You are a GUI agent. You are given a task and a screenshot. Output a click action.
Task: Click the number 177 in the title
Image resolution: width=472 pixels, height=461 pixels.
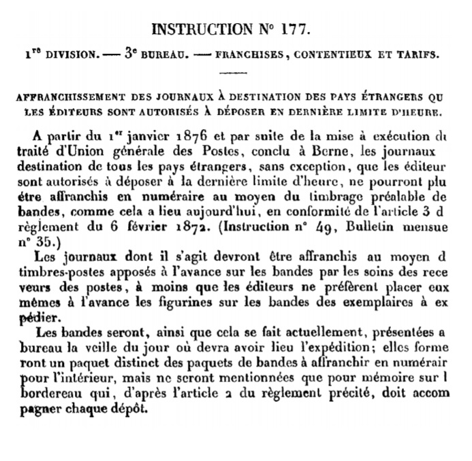coord(294,29)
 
